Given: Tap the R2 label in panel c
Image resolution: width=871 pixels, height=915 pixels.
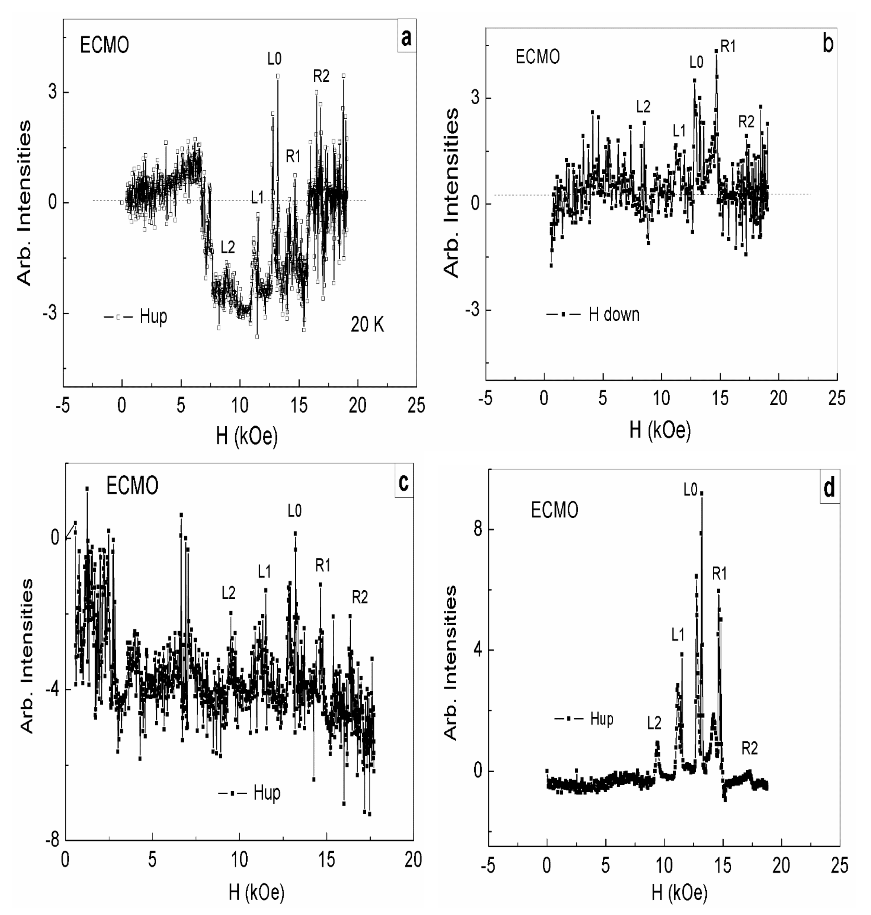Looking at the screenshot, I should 360,598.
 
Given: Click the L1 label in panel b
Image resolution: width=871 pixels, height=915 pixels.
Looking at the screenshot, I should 679,131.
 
